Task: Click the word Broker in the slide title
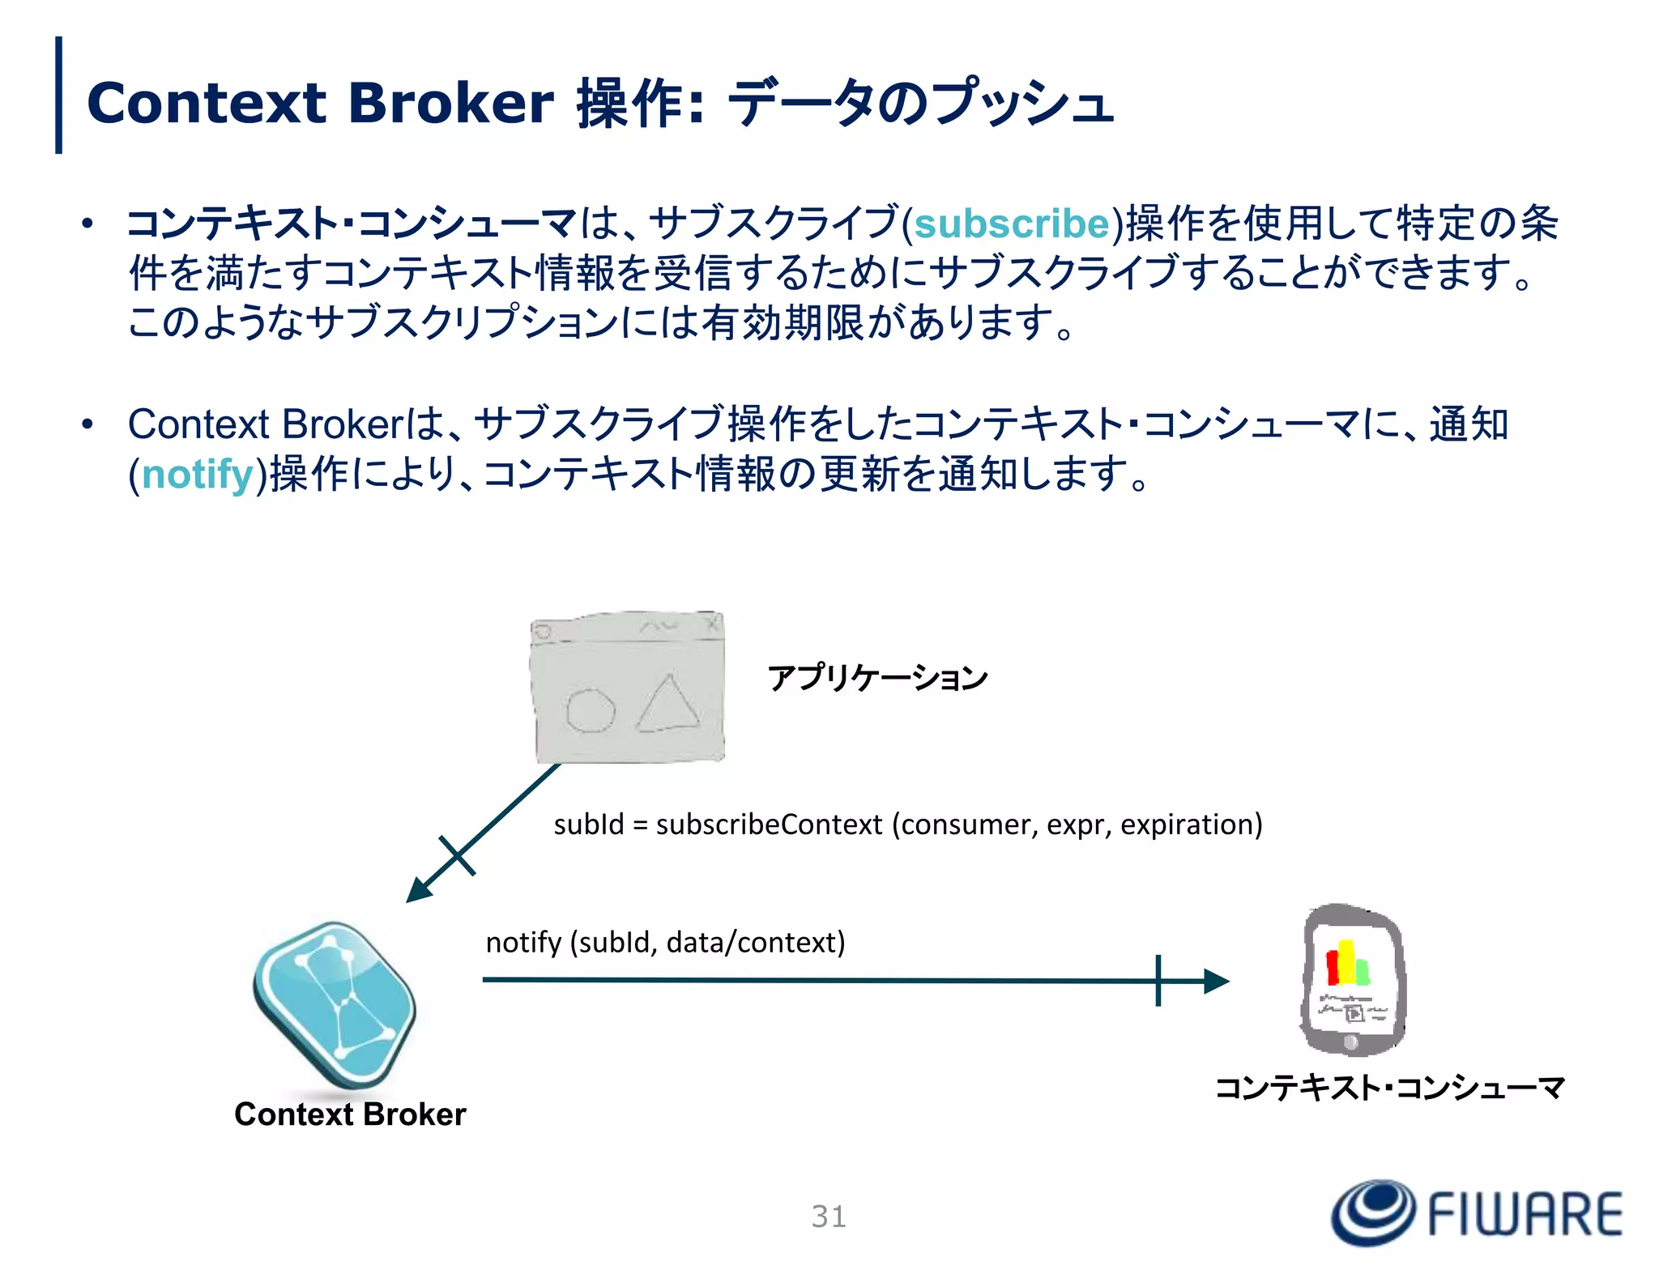[x=450, y=104]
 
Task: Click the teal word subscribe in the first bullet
[x=1011, y=224]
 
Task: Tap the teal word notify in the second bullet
[x=198, y=475]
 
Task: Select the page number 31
[x=829, y=1216]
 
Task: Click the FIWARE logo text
[x=1525, y=1214]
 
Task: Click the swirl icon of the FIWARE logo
[x=1374, y=1212]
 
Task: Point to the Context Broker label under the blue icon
[x=350, y=1114]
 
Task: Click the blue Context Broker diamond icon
[x=335, y=1004]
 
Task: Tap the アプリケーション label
[x=877, y=677]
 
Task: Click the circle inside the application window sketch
[x=590, y=711]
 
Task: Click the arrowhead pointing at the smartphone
[x=1215, y=981]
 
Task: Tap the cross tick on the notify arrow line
[x=1158, y=981]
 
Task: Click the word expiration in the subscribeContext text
[x=1191, y=824]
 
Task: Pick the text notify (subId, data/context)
[x=665, y=943]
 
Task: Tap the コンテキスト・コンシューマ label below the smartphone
[x=1390, y=1087]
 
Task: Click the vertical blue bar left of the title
[x=58, y=95]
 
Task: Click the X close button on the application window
[x=712, y=624]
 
